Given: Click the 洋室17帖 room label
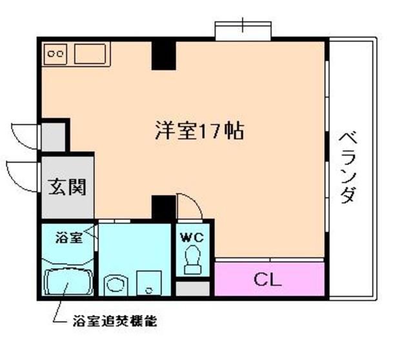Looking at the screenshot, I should point(198,132).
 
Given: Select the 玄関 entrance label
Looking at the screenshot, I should point(68,188).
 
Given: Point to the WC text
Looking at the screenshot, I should point(192,237).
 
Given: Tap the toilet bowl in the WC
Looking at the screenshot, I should point(192,260).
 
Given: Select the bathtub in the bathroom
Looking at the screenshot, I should point(68,283).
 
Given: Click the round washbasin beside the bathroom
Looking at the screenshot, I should point(116,284).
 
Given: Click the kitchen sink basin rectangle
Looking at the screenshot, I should point(91,54).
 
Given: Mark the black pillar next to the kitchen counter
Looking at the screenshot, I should point(163,55).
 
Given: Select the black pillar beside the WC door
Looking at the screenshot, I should point(163,208).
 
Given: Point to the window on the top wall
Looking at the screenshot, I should point(243,30).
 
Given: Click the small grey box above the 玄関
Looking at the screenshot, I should point(53,135).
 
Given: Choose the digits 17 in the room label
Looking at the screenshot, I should point(210,132).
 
